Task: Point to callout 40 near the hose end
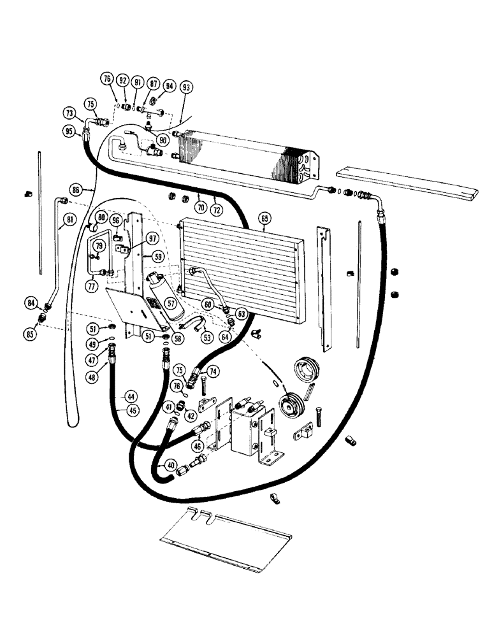tap(171, 465)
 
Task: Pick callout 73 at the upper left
tap(68, 113)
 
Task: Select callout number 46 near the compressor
tap(197, 447)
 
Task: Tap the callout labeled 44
tap(131, 396)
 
